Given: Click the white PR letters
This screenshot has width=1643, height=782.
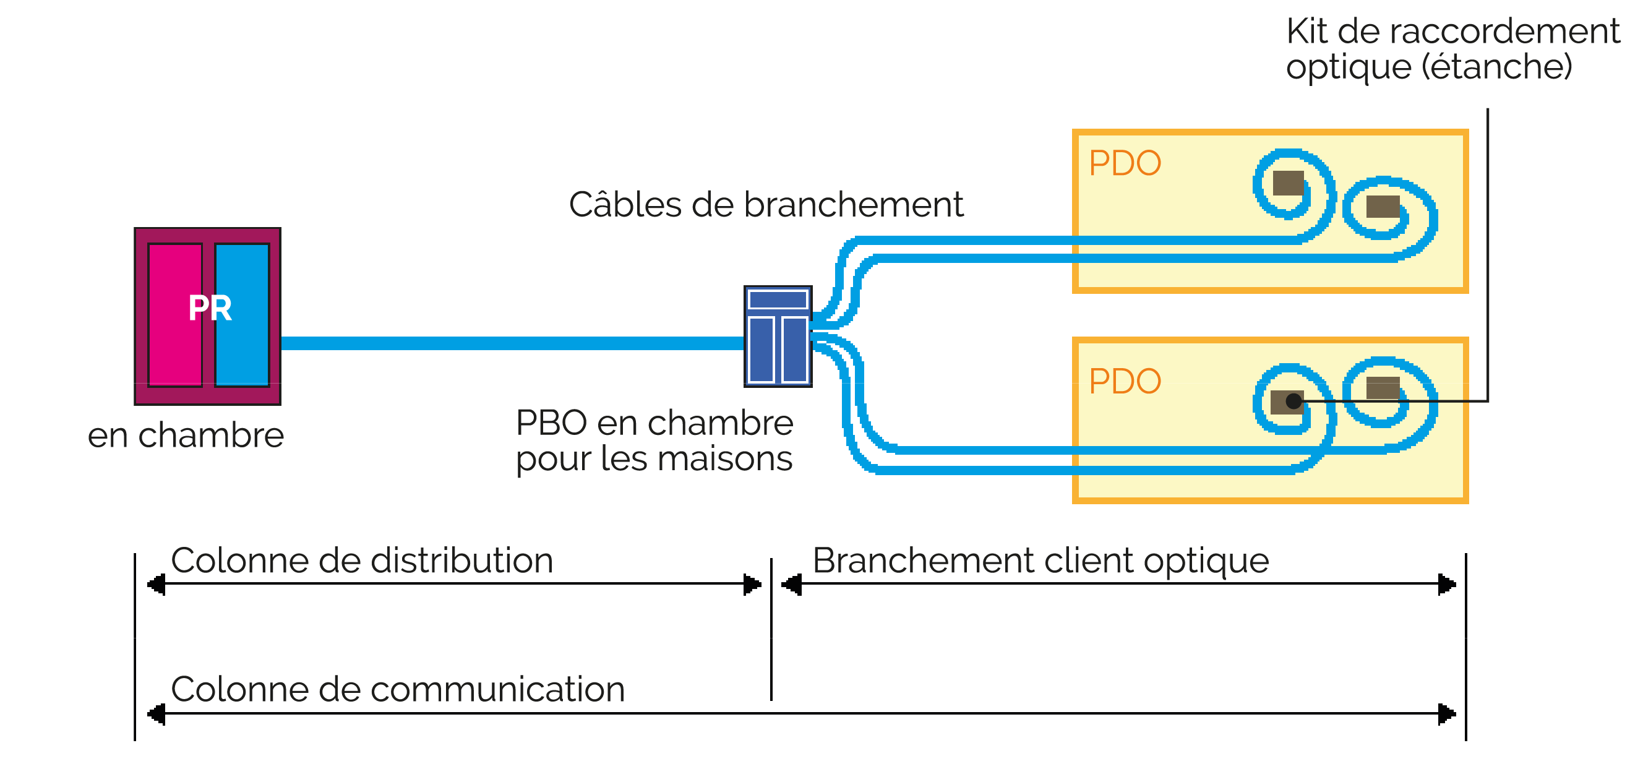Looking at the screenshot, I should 210,309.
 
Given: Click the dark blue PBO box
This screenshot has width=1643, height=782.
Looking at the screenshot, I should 778,336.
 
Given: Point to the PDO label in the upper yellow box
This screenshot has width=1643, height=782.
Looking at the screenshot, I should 1125,163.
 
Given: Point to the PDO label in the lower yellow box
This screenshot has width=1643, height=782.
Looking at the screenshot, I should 1125,382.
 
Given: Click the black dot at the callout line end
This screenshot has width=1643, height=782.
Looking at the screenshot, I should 1293,401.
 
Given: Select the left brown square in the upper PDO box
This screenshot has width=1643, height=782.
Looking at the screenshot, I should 1288,183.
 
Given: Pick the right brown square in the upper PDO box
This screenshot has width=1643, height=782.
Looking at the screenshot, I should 1383,207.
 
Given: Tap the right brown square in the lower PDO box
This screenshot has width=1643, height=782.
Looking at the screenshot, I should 1383,387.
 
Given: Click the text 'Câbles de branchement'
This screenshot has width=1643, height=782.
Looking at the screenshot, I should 765,205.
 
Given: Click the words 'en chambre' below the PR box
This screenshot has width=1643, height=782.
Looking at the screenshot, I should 186,436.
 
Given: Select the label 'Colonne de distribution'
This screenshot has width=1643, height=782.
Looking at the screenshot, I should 362,561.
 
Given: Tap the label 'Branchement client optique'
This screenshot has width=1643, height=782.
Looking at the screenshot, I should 1040,561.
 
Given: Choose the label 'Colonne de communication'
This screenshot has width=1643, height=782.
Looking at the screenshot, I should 397,690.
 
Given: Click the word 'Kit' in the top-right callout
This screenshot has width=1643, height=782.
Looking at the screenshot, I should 1306,32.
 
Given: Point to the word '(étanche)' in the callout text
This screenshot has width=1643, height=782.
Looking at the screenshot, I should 1496,67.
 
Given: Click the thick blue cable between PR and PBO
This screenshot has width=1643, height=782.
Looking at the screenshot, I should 510,343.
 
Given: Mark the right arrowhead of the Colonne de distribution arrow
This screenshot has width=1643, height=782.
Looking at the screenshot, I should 753,583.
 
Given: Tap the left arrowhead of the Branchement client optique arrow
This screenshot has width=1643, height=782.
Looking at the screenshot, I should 792,583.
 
